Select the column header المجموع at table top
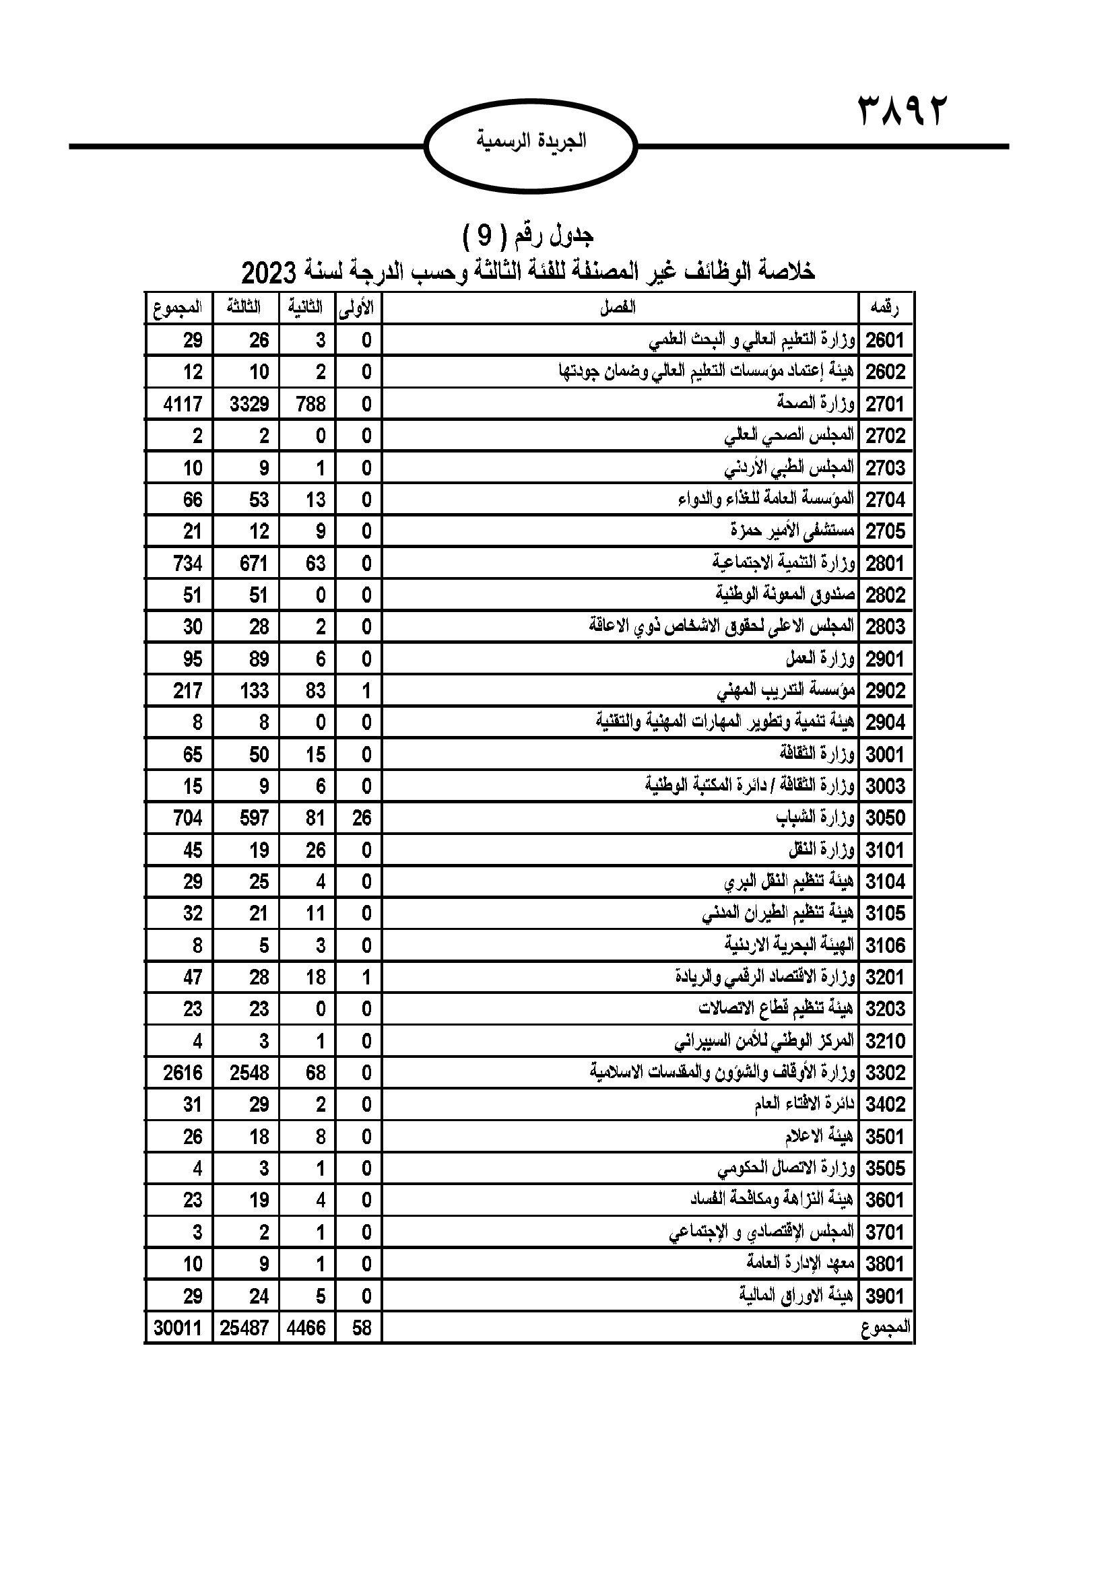click(178, 308)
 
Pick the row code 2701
click(886, 404)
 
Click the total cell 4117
click(183, 404)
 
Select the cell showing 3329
click(249, 404)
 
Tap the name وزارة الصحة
click(816, 403)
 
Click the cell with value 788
click(310, 404)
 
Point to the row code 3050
click(886, 818)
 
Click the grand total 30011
click(178, 1328)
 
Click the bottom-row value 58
click(361, 1328)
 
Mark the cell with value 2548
click(249, 1073)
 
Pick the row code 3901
click(886, 1296)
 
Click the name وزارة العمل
click(820, 659)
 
